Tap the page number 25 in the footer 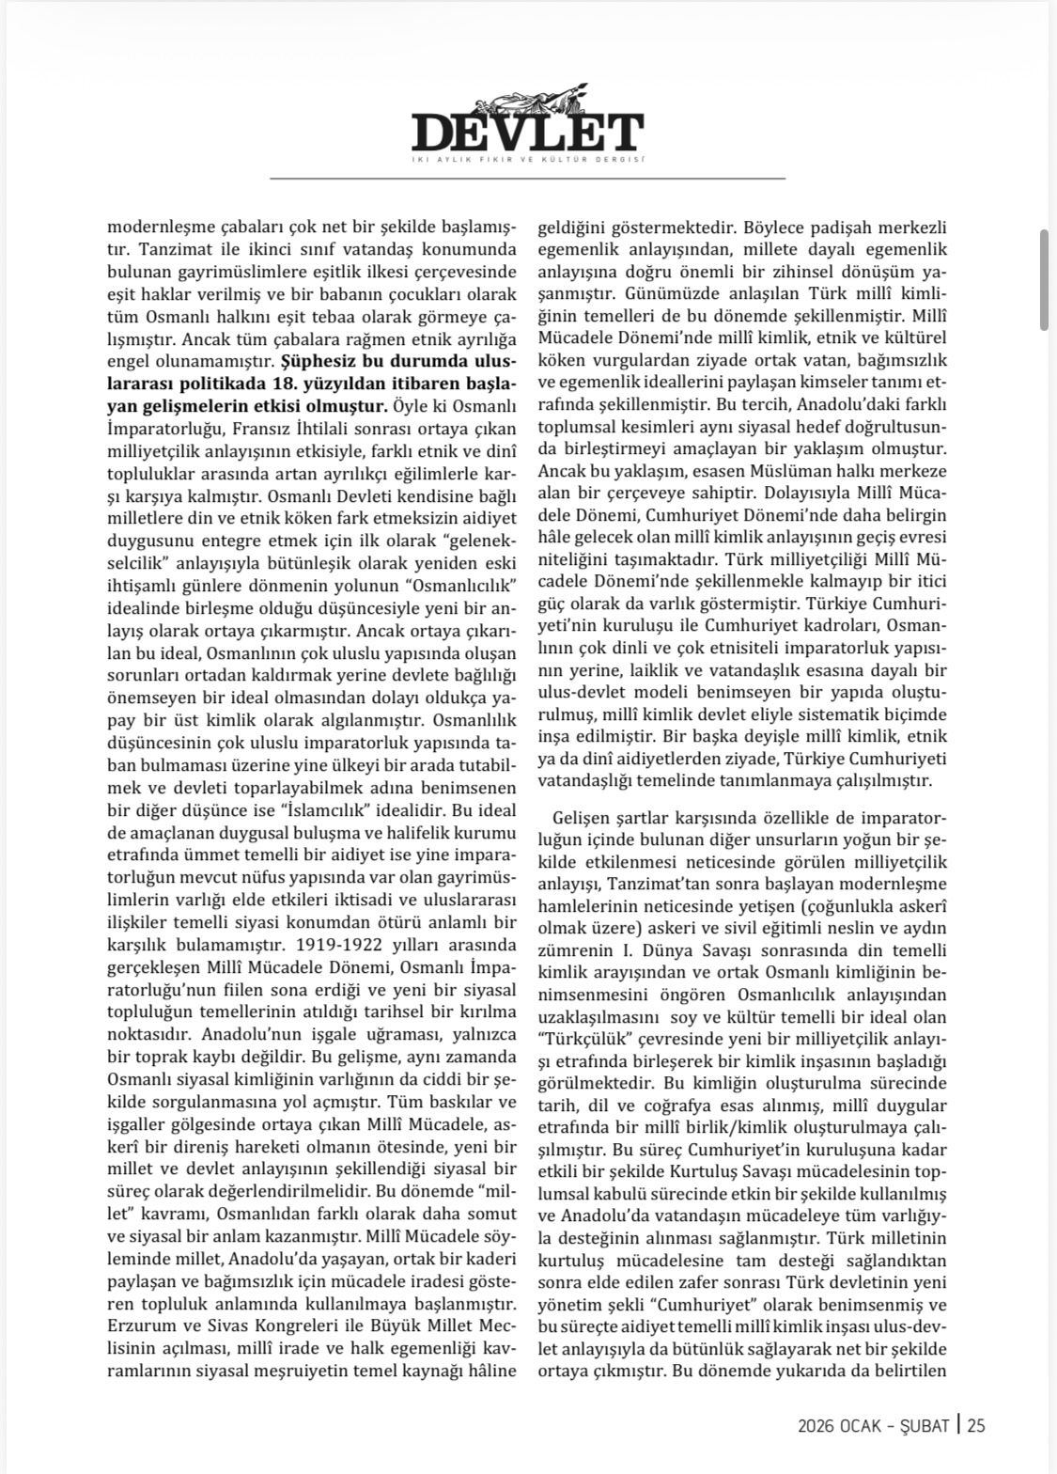975,1425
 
